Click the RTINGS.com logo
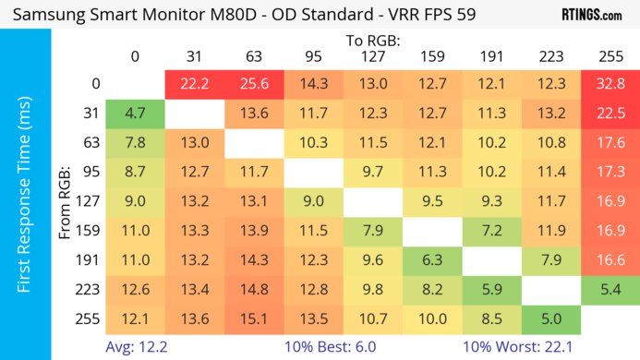[592, 16]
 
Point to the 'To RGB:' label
[373, 41]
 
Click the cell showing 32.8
[610, 84]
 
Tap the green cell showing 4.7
[135, 114]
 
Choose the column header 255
[610, 57]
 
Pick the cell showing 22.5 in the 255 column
[610, 114]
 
